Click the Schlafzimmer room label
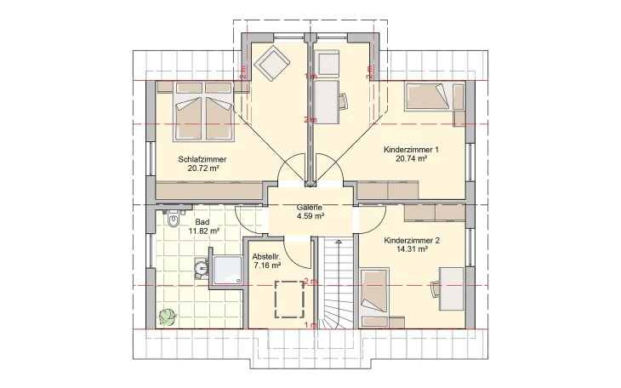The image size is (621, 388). [x=202, y=159]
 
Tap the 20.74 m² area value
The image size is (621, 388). [x=411, y=158]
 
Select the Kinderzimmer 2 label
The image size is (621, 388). [x=411, y=241]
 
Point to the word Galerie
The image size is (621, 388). [x=310, y=207]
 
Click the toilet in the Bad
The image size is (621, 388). [x=174, y=220]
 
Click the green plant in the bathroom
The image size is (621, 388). [x=166, y=317]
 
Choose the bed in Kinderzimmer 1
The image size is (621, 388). [x=425, y=95]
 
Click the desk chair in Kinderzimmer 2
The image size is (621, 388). [x=437, y=288]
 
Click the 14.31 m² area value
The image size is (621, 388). [x=411, y=252]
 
